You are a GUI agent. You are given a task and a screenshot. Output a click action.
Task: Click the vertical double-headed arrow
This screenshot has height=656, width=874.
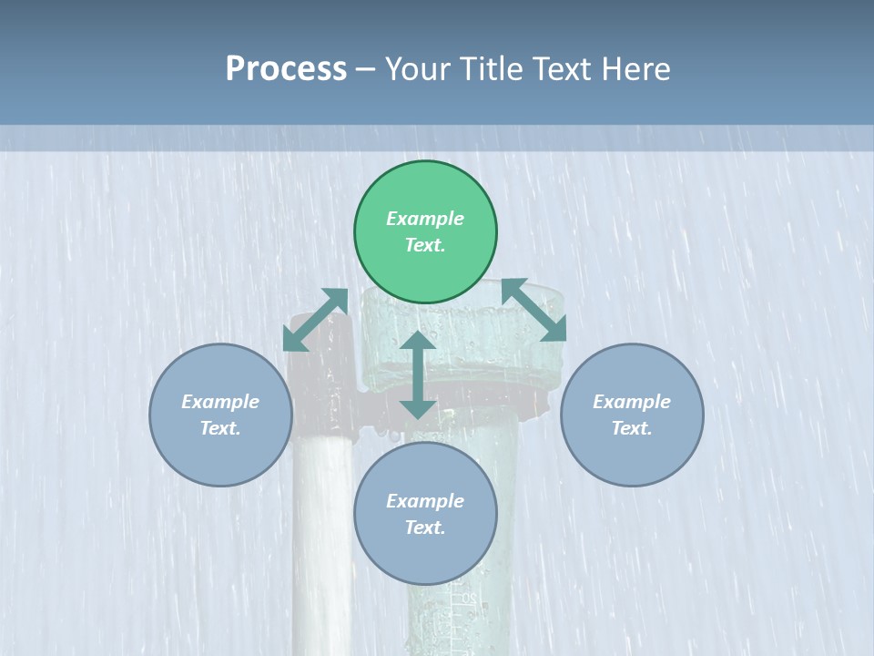coord(418,375)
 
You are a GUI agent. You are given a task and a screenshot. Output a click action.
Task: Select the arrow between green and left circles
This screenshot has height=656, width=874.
coord(315,320)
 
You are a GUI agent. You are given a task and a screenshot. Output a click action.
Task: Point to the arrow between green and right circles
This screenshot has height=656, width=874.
coord(534,311)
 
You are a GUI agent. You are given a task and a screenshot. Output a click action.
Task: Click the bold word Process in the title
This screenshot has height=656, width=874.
coord(286,69)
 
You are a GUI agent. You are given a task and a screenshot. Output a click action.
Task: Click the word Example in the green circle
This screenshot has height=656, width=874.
coord(425,219)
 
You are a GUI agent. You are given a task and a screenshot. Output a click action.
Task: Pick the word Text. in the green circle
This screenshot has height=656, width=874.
coord(425,245)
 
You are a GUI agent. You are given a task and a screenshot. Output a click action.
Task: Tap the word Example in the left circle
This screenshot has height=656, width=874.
coord(220,402)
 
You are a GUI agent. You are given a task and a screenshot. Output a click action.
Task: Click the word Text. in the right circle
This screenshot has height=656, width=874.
coord(632,428)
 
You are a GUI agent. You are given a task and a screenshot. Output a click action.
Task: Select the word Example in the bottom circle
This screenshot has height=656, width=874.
coord(425,501)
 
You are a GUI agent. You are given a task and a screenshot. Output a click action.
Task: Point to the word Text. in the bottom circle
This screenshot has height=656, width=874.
coord(425,528)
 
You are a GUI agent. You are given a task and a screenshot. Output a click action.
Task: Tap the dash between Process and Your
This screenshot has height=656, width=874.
coord(365,69)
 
